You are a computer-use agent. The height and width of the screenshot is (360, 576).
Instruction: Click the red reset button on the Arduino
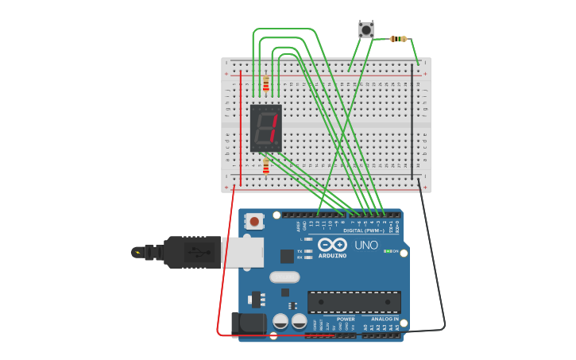pos(254,221)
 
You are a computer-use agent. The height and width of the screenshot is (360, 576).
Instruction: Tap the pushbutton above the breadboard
pos(366,29)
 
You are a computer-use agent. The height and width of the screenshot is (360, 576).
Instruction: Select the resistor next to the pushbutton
pos(399,38)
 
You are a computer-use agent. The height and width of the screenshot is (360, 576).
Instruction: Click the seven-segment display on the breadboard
pos(265,127)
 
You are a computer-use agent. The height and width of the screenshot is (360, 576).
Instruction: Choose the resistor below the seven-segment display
pos(265,166)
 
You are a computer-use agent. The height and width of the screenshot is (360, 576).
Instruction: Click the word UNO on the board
pos(366,245)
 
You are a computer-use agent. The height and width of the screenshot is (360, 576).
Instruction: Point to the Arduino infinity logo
pos(332,245)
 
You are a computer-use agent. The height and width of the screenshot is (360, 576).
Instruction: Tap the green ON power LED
pos(387,251)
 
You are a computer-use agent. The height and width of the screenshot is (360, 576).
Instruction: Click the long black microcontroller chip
pos(354,302)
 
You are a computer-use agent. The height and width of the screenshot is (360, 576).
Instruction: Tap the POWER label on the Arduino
pos(346,319)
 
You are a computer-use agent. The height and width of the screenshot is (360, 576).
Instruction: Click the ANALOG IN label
pos(385,319)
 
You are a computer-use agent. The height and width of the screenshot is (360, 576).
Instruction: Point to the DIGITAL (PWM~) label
pos(364,230)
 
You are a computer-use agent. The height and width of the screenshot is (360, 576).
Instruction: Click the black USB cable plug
pos(191,252)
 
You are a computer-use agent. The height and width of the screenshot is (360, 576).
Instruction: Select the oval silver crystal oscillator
pos(284,277)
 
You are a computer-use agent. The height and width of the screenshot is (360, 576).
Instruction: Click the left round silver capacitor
pos(280,321)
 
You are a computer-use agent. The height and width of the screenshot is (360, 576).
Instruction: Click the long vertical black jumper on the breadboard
pos(412,123)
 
